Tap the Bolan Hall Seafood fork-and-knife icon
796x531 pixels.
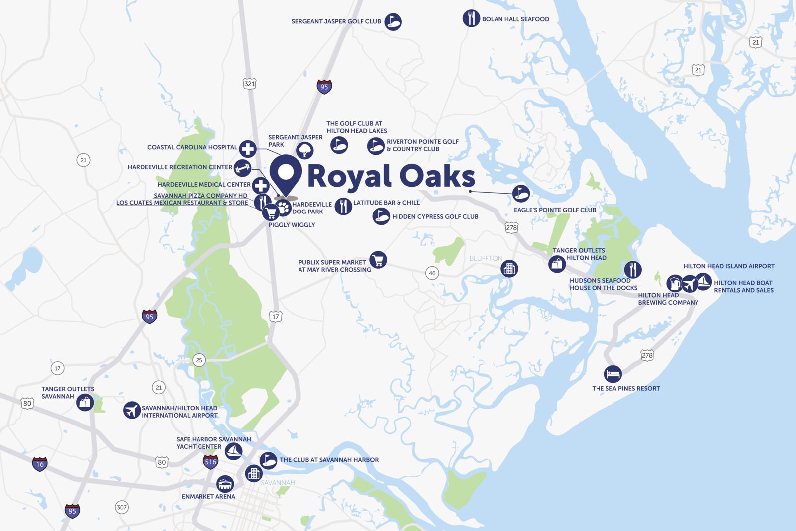(x=471, y=18)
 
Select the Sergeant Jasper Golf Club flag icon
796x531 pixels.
(x=393, y=21)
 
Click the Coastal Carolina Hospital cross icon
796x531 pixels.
(x=248, y=148)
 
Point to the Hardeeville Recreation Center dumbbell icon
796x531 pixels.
(x=242, y=168)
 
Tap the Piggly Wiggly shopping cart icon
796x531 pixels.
(x=271, y=212)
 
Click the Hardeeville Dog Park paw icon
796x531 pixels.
(x=283, y=207)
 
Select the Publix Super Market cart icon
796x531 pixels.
(x=378, y=259)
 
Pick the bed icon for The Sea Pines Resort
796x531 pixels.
(x=613, y=373)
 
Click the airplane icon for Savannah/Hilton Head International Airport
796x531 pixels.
(x=132, y=411)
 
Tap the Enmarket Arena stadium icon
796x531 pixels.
(x=225, y=483)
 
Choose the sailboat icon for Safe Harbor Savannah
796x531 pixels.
(x=233, y=451)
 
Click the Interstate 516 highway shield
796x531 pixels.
(x=211, y=462)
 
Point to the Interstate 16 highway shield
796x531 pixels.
(x=40, y=464)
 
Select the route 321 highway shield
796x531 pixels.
(x=249, y=84)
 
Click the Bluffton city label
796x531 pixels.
(x=486, y=258)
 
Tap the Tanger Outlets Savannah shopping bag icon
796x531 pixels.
(x=85, y=402)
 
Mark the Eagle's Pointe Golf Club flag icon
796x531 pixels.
(x=521, y=193)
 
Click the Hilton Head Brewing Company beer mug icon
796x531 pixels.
(x=675, y=283)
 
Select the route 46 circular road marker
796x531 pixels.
(x=432, y=273)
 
